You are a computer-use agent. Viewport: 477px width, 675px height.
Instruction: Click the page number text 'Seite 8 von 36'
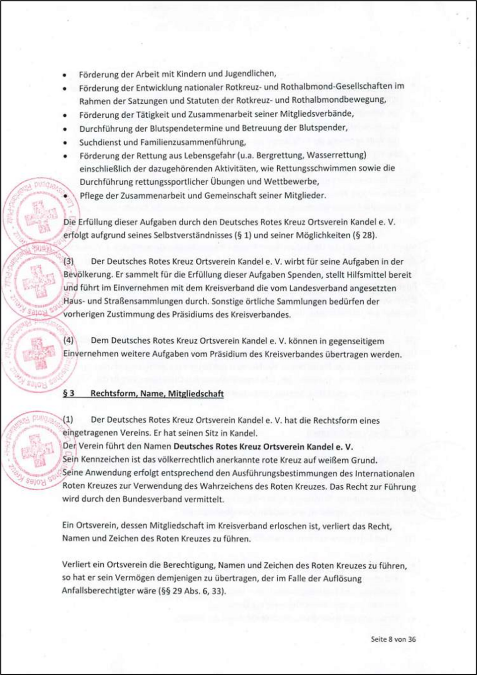[393, 639]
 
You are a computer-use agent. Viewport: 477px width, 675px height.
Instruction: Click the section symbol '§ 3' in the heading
[69, 393]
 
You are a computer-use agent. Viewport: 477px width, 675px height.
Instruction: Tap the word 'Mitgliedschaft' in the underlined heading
[196, 393]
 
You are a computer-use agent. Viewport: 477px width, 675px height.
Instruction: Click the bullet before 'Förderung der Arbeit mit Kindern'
[65, 75]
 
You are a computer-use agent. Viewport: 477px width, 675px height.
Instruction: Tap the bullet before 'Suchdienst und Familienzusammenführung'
[65, 143]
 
